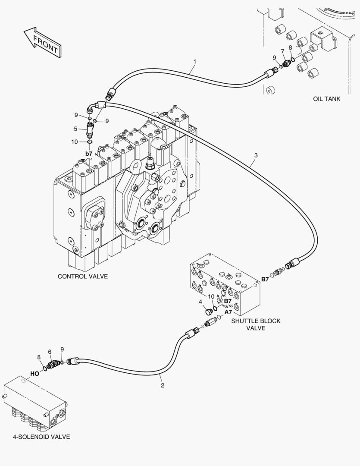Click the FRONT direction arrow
41,42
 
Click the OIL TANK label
326,99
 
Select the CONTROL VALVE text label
83,276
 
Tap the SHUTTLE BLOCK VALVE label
256,324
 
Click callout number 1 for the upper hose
194,62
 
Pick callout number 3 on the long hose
256,155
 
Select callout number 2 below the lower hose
163,385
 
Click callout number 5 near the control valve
75,128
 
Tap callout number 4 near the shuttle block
201,302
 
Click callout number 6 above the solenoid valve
50,352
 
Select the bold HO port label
34,373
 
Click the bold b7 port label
89,154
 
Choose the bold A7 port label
228,312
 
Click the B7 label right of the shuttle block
264,279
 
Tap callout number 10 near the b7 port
75,141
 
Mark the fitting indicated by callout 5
90,128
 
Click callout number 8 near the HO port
39,357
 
